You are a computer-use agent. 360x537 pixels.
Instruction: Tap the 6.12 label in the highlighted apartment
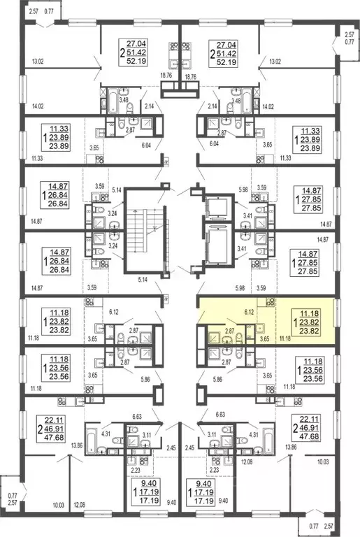coord(249,312)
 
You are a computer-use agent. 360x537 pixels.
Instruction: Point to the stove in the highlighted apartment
coord(271,302)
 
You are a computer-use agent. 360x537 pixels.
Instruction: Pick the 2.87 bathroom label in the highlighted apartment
coord(229,331)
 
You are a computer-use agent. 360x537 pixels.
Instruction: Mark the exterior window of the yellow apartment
coord(338,313)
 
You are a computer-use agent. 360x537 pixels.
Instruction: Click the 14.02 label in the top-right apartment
coord(268,106)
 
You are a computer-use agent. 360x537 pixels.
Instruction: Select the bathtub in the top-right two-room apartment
coord(246,101)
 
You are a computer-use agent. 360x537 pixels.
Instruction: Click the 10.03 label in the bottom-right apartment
coord(323,462)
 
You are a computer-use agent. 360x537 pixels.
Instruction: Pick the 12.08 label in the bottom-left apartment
coord(80,505)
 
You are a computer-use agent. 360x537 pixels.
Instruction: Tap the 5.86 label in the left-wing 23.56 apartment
coord(145,380)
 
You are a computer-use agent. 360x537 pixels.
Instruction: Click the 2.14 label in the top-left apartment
coord(150,106)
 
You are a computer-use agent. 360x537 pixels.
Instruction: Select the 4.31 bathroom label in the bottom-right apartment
coord(254,435)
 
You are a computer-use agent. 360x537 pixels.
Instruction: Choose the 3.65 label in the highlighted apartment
coord(264,339)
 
